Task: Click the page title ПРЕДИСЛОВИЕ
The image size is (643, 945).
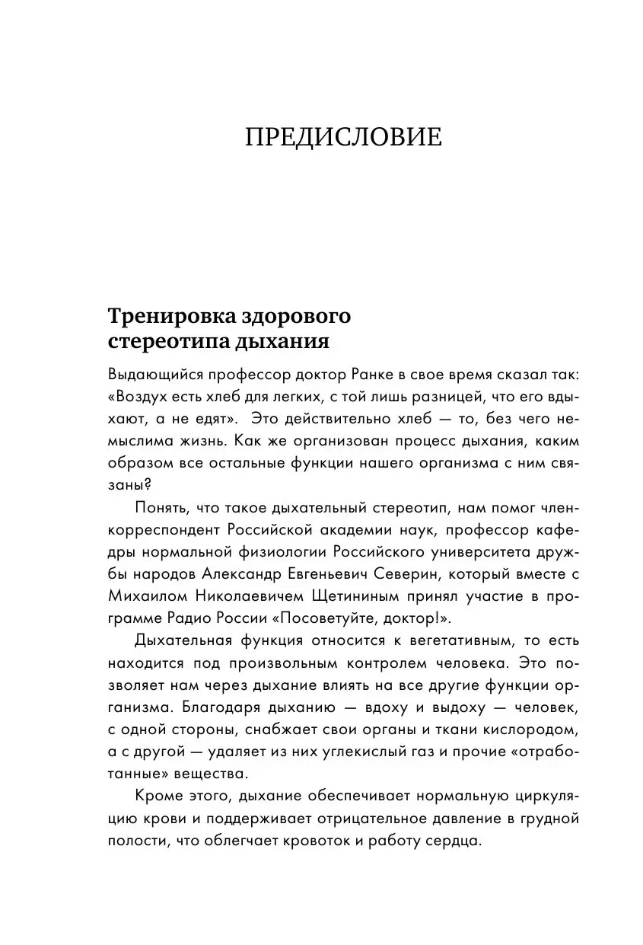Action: point(343,138)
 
